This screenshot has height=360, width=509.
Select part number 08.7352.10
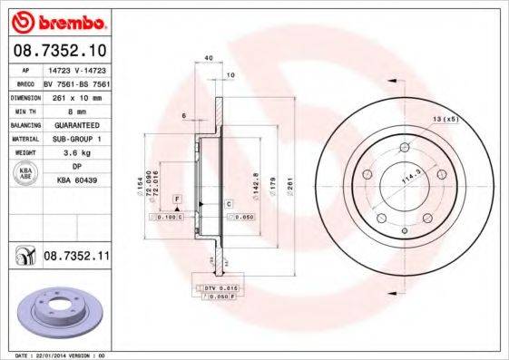tap(61, 52)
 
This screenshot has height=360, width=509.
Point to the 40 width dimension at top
tap(209, 58)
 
